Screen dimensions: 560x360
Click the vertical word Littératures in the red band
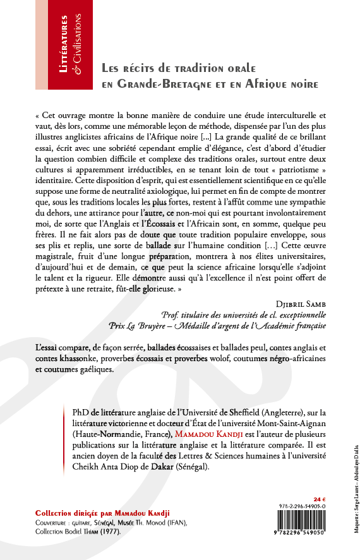click(65, 45)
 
